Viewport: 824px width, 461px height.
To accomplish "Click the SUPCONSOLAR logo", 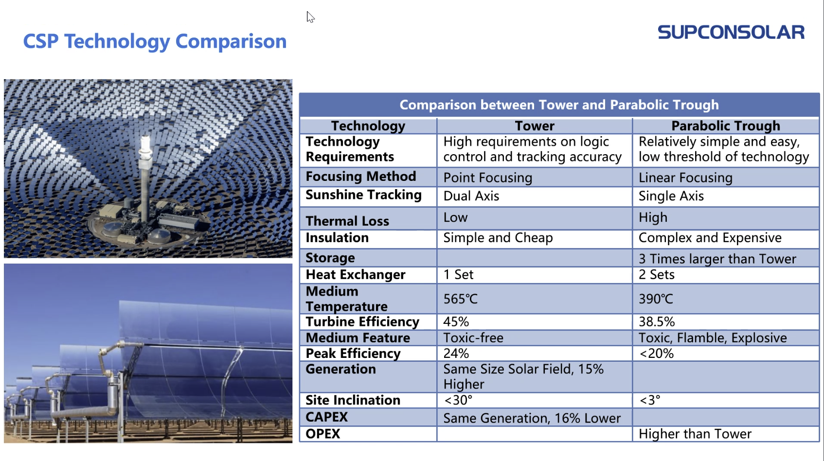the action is pyautogui.click(x=731, y=33).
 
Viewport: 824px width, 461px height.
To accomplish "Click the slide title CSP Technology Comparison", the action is pyautogui.click(x=155, y=41).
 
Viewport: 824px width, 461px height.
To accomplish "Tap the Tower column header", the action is pyautogui.click(x=535, y=126).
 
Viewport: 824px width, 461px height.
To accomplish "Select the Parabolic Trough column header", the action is pyautogui.click(x=726, y=126).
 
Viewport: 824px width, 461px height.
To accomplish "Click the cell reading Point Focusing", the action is pyautogui.click(x=488, y=177).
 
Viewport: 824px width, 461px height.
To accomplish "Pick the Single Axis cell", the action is pyautogui.click(x=671, y=196).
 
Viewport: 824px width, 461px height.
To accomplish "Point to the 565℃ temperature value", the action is pyautogui.click(x=461, y=299).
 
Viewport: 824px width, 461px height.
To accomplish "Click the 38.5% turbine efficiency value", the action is pyautogui.click(x=657, y=321).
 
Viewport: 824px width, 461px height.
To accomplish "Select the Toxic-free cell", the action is pyautogui.click(x=473, y=337).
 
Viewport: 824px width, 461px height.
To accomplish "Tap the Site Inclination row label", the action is pyautogui.click(x=353, y=400).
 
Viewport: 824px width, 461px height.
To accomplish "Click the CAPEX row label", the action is pyautogui.click(x=327, y=417).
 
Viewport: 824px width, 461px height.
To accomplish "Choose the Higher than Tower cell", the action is pyautogui.click(x=695, y=434).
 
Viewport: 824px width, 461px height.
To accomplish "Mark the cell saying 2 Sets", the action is pyautogui.click(x=657, y=275).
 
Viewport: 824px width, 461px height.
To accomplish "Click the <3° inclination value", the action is pyautogui.click(x=650, y=400).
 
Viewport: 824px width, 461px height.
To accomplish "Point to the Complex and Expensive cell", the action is pyautogui.click(x=710, y=238).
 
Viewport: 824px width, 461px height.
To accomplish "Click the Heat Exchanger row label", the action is pyautogui.click(x=356, y=275).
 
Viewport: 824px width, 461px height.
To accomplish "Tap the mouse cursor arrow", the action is pyautogui.click(x=310, y=17).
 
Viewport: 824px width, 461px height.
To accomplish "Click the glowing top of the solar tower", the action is pyautogui.click(x=145, y=142).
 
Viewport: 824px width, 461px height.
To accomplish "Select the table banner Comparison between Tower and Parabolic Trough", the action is pyautogui.click(x=559, y=105).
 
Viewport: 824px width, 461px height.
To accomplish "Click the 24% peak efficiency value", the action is pyautogui.click(x=456, y=353).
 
